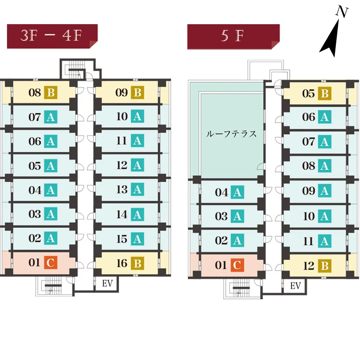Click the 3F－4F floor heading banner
(x=51, y=36)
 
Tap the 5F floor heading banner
(x=233, y=36)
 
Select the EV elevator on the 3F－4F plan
(x=107, y=283)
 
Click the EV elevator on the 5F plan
(x=296, y=286)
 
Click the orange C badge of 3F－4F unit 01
(x=51, y=263)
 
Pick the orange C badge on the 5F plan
(x=237, y=265)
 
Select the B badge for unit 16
(x=137, y=264)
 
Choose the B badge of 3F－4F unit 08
(x=51, y=93)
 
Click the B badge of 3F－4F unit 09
(x=137, y=93)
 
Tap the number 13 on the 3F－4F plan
(x=122, y=189)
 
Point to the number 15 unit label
(x=122, y=239)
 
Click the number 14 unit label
(x=122, y=214)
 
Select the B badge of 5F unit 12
(x=324, y=266)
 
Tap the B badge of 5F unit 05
(x=324, y=94)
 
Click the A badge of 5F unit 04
(x=237, y=192)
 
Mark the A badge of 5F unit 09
(x=324, y=191)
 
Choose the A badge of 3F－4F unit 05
(x=51, y=166)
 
